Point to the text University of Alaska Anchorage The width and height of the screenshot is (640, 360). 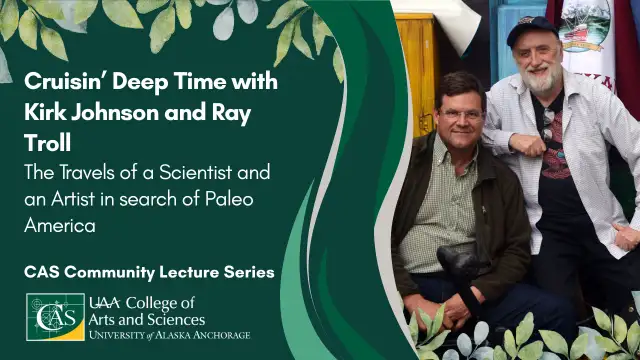pos(169,335)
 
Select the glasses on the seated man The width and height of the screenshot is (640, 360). pos(462,114)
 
